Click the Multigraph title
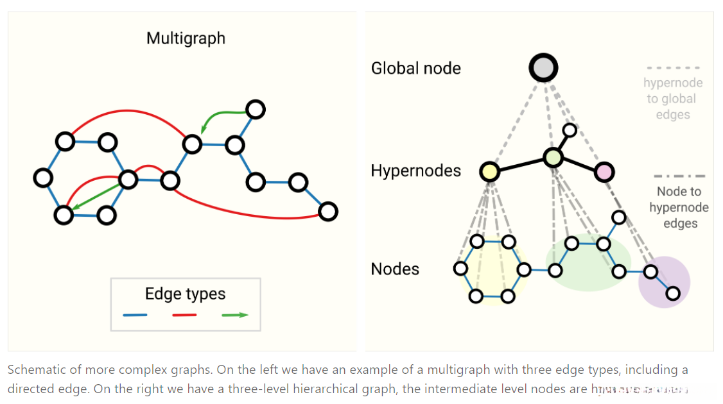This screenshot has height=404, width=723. tap(186, 38)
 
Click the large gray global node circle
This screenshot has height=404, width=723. tap(543, 67)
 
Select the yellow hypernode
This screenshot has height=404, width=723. tap(489, 171)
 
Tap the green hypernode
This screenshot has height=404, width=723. tap(553, 157)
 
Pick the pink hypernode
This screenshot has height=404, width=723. tap(604, 172)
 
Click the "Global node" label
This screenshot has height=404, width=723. tap(415, 68)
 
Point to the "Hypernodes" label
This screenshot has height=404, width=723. tap(415, 171)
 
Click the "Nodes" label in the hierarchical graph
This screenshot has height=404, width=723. tap(395, 269)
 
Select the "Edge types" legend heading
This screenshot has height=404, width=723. tap(185, 294)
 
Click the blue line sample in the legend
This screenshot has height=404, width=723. tap(135, 315)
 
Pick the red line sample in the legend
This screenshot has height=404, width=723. tap(184, 315)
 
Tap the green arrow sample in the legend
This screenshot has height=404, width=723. tap(234, 315)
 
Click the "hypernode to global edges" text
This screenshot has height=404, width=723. tap(673, 99)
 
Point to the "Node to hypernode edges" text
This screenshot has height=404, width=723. tap(679, 207)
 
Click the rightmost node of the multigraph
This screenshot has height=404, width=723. tap(328, 211)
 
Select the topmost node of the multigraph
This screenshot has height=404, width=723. tap(256, 110)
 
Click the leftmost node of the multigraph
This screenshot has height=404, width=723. tap(43, 177)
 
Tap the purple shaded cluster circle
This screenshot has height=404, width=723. tap(665, 282)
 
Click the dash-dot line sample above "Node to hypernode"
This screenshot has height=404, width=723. tap(679, 176)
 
